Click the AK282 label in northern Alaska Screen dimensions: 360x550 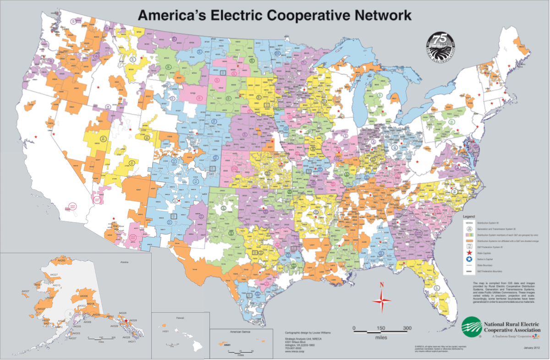62,261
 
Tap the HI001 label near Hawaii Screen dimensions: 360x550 166,330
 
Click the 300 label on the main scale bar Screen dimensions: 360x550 407,328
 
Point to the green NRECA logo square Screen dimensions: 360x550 472,326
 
